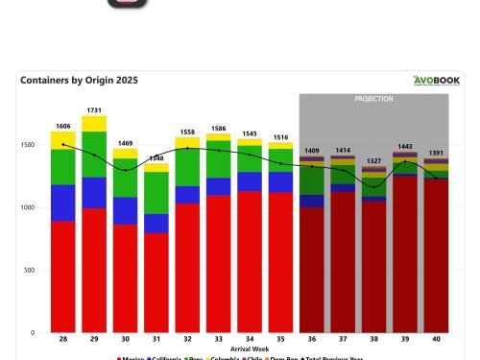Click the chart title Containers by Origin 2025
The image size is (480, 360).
pos(79,81)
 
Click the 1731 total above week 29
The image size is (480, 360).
pos(94,110)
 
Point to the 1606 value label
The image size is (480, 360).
pos(63,126)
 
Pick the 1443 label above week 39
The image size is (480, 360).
pos(405,146)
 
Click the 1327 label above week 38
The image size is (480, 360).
pos(374,160)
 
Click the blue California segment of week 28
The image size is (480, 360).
pos(63,203)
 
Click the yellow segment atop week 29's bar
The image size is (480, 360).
pos(94,124)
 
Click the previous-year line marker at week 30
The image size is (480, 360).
pos(126,170)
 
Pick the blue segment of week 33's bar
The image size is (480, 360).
pos(219,186)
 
